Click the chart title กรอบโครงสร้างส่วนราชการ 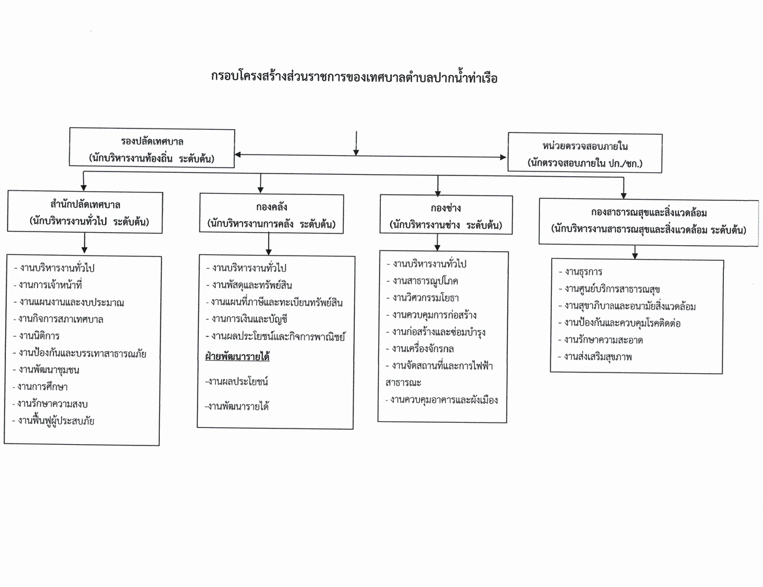[x=354, y=78]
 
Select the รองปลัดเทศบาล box [x=152, y=148]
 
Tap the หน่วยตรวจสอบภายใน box [x=585, y=153]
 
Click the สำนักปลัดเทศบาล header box [x=85, y=212]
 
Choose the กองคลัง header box [x=271, y=214]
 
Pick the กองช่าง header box [x=445, y=215]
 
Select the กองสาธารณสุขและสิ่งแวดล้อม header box [x=649, y=221]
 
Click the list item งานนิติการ [x=36, y=336]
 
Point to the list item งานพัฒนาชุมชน [x=46, y=370]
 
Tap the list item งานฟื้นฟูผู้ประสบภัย [x=53, y=421]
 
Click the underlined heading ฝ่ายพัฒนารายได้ [x=237, y=357]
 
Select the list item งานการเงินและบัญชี [x=247, y=320]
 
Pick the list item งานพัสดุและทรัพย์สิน [x=248, y=285]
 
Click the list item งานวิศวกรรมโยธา [x=423, y=298]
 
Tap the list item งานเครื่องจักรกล [x=419, y=349]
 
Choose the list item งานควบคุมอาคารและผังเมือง [x=441, y=400]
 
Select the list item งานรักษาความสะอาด [x=601, y=340]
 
